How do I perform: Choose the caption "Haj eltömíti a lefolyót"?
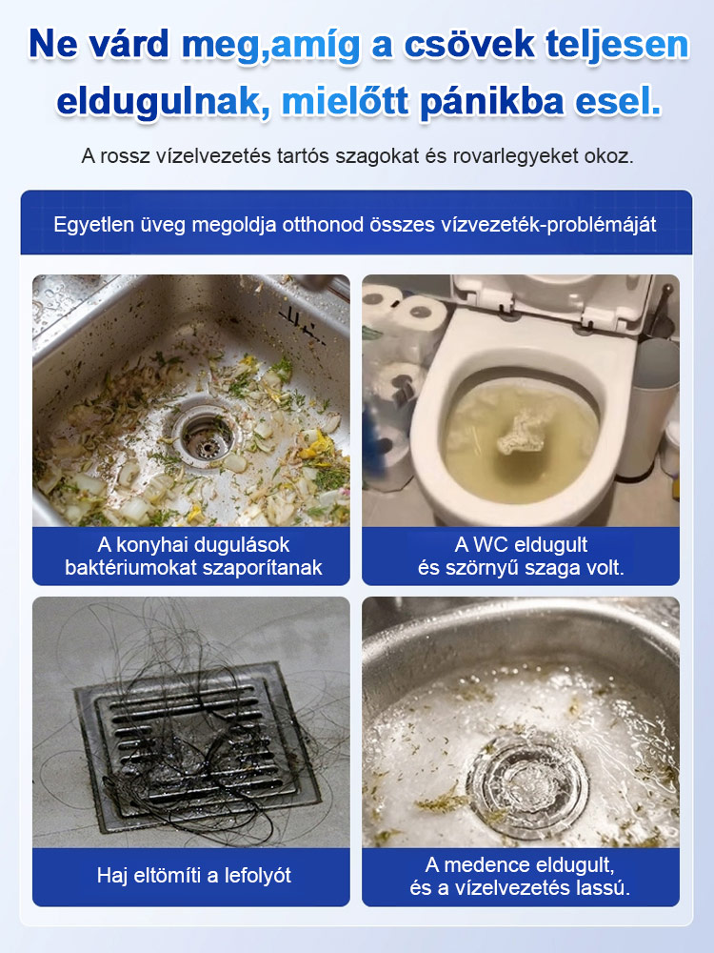193,875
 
